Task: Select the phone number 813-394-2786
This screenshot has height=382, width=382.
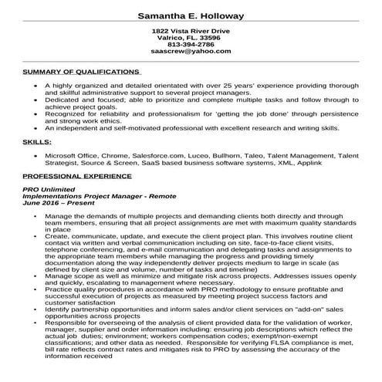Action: coord(191,44)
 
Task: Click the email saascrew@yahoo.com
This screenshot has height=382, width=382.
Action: coord(191,52)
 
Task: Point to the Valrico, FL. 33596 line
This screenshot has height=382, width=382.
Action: coord(191,37)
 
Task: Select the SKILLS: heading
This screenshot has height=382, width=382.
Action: coord(37,143)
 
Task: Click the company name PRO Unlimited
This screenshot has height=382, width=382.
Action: coord(49,190)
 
